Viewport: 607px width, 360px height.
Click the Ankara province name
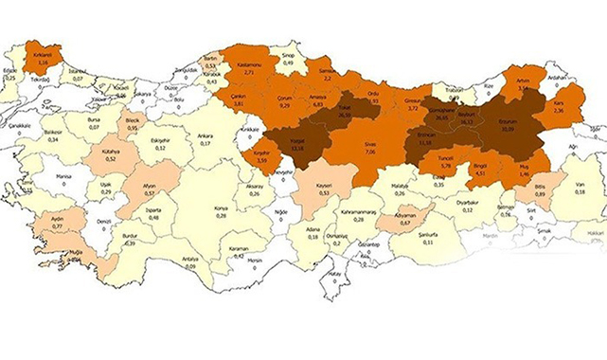pos(205,135)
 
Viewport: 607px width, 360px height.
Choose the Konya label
pos(221,207)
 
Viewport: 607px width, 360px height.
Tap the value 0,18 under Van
pos(579,193)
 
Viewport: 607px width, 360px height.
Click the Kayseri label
pos(325,184)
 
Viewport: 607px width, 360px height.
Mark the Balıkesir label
pos(54,132)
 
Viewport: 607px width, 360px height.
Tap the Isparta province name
pos(153,209)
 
